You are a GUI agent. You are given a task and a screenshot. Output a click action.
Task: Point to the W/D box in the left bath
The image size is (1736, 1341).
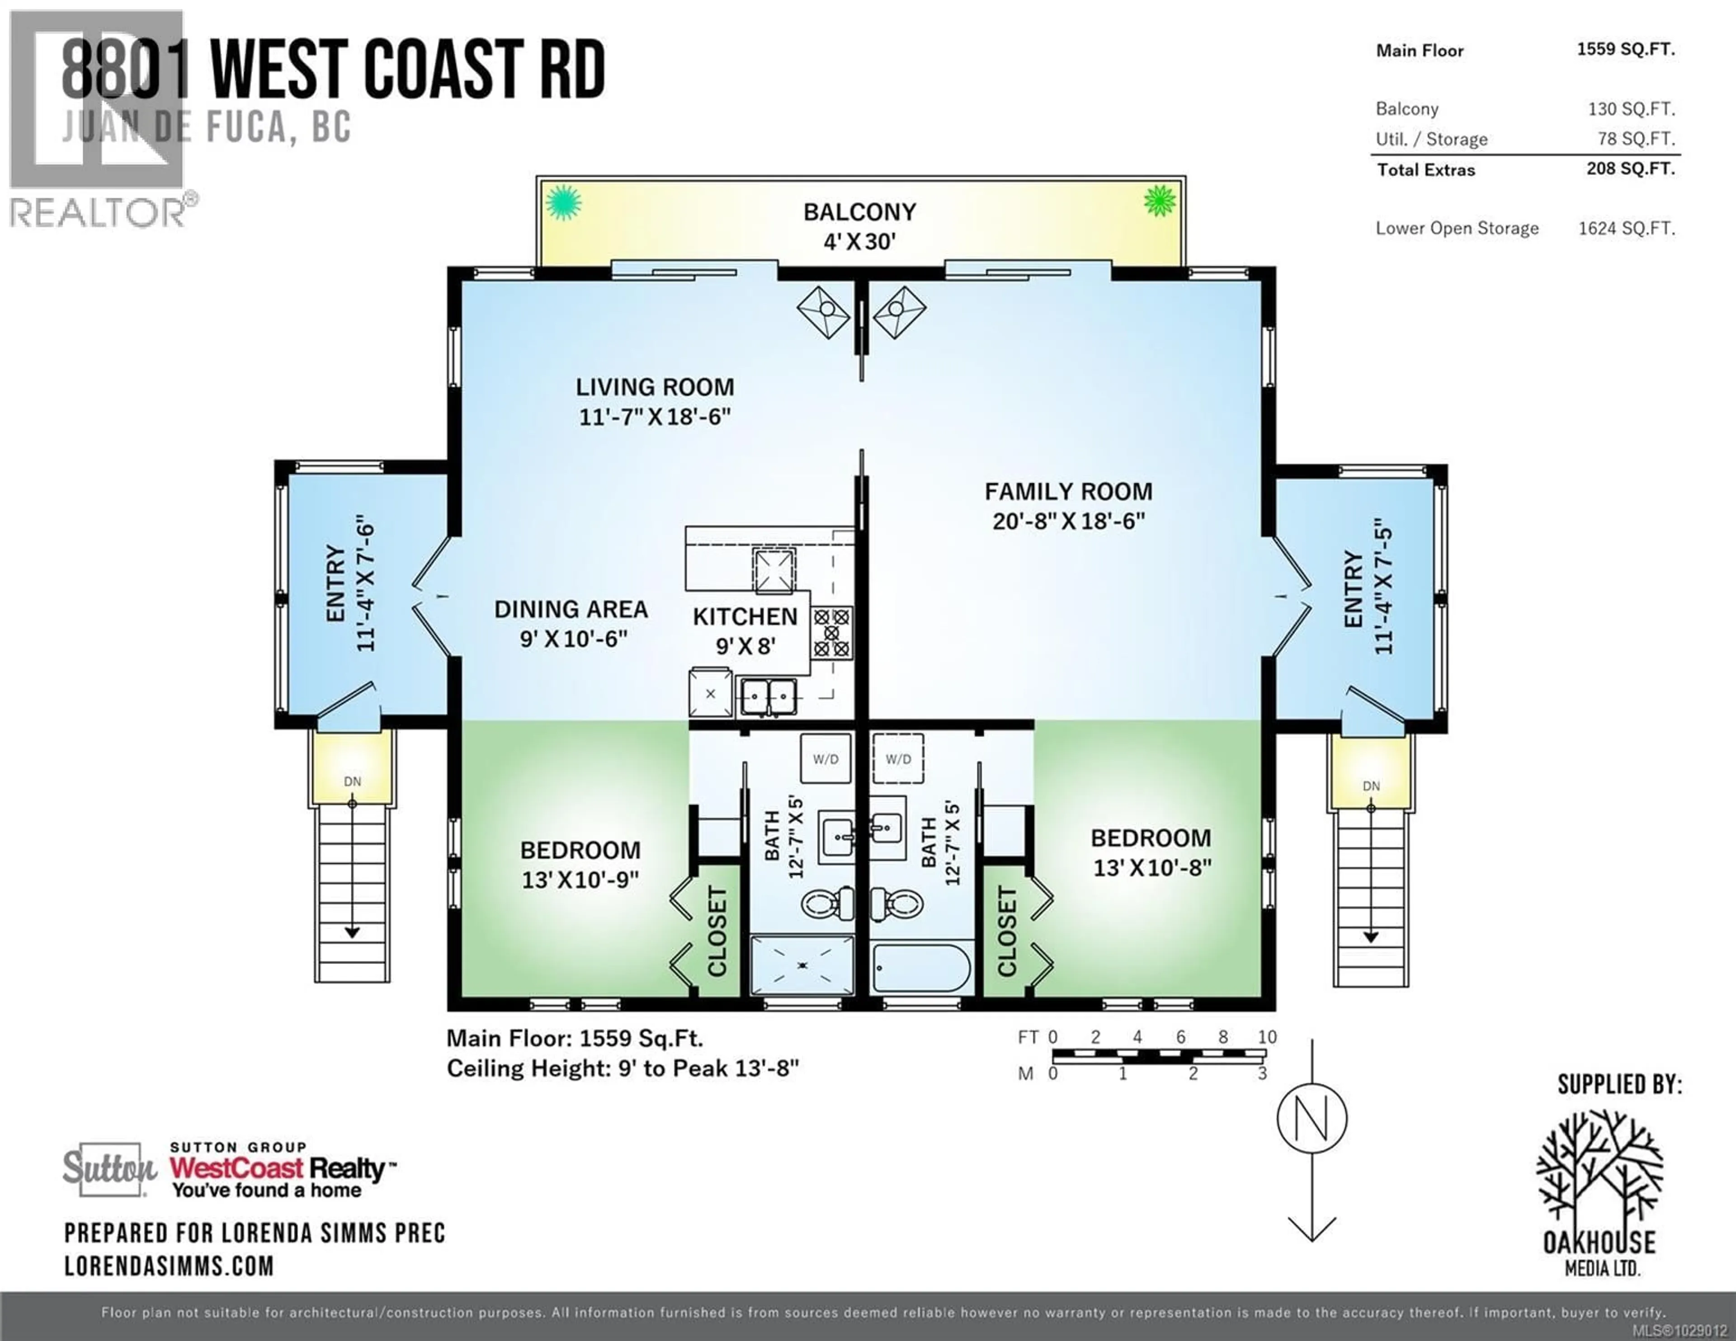tap(825, 759)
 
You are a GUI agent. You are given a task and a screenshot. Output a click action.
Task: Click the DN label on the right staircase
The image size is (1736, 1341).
tap(1370, 786)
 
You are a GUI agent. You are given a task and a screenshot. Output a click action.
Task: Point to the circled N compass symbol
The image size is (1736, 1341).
tap(1311, 1119)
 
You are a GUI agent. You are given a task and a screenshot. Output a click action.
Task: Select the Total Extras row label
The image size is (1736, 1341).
tap(1426, 169)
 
